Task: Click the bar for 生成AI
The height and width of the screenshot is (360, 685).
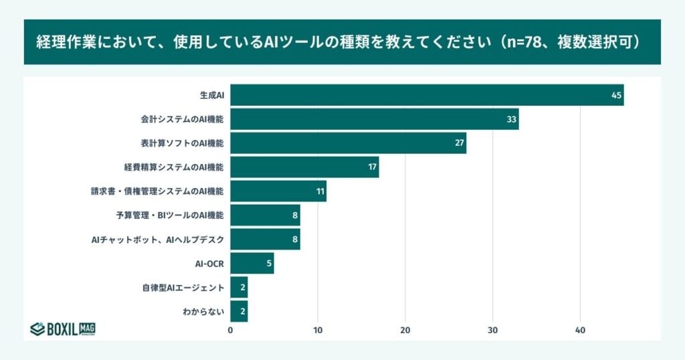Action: click(427, 95)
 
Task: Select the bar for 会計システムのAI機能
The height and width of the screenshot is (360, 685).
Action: click(375, 119)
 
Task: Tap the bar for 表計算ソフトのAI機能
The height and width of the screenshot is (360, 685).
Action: click(348, 143)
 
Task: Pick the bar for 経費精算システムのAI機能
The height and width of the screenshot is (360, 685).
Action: click(304, 167)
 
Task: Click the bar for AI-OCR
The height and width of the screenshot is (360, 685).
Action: click(252, 264)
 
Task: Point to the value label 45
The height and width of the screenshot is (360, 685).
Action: click(616, 95)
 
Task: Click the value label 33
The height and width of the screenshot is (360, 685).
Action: click(512, 119)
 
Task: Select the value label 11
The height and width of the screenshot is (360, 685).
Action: click(320, 191)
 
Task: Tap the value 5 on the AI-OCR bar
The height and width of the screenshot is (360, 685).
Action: click(269, 264)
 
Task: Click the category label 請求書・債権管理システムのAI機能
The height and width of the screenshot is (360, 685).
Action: click(157, 191)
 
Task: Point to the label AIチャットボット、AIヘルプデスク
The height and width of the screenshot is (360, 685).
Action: click(157, 240)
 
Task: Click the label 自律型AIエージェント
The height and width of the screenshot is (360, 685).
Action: click(183, 288)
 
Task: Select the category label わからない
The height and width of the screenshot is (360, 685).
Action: click(203, 312)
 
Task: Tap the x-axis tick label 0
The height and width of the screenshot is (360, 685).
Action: click(231, 330)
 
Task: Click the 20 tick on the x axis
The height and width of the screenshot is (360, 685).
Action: click(405, 330)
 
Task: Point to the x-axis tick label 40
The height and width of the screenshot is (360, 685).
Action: click(580, 330)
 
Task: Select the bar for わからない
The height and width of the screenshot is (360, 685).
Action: click(239, 312)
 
